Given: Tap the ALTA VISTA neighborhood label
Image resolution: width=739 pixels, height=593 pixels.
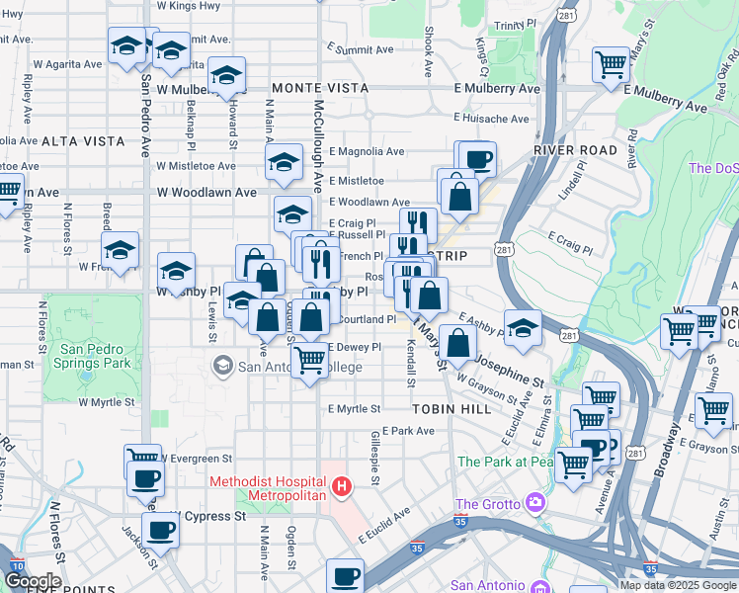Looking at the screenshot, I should click(x=41, y=141).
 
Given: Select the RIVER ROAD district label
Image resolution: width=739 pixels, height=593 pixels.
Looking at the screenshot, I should click(x=568, y=149).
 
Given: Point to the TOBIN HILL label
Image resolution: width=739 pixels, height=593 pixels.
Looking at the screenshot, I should click(x=444, y=407).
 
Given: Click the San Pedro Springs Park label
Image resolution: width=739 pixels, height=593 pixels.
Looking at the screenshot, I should click(x=96, y=357).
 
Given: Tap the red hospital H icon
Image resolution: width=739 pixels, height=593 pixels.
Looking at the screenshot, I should click(x=341, y=486).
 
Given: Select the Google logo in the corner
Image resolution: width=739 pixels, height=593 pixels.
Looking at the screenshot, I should click(x=33, y=581).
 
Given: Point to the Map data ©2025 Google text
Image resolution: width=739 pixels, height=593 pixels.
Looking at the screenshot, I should click(x=677, y=585).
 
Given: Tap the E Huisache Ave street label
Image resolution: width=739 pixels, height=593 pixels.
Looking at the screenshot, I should click(x=494, y=119).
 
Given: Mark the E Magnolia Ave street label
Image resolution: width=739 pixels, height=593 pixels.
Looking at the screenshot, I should click(x=368, y=151).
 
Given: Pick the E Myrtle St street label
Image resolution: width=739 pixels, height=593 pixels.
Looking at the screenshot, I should click(x=355, y=408).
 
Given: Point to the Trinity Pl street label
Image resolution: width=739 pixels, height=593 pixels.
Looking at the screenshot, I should click(x=517, y=23).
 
